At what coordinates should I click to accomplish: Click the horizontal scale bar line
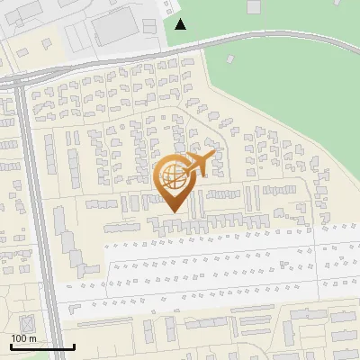click(x=42, y=346)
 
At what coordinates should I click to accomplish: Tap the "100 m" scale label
click(x=23, y=337)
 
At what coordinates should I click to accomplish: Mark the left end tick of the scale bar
click(x=11, y=344)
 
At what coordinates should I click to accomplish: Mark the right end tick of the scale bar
click(x=74, y=344)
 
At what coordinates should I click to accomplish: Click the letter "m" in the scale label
click(x=32, y=338)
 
